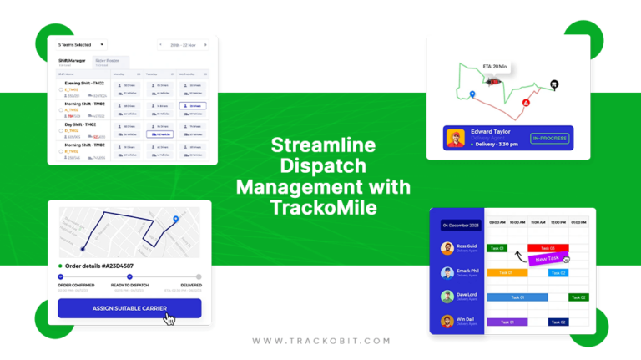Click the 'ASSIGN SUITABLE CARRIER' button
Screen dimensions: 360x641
pyautogui.click(x=129, y=308)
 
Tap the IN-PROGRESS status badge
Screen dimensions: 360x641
pyautogui.click(x=549, y=138)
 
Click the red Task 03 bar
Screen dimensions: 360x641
pyautogui.click(x=548, y=248)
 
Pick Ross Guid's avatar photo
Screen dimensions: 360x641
pyautogui.click(x=447, y=248)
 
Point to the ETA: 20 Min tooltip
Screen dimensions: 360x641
pyautogui.click(x=495, y=67)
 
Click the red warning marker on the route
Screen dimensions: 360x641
pyautogui.click(x=526, y=103)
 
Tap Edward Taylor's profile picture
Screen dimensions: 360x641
pyautogui.click(x=456, y=138)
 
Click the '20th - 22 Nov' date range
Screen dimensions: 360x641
pyautogui.click(x=184, y=45)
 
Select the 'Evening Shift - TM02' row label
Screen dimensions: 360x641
pyautogui.click(x=84, y=84)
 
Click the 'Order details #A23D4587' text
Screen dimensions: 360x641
pyautogui.click(x=99, y=266)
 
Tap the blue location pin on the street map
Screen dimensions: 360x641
pyautogui.click(x=175, y=220)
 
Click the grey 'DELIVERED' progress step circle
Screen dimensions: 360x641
pyautogui.click(x=199, y=276)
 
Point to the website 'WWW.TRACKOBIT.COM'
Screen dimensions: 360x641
pyautogui.click(x=320, y=341)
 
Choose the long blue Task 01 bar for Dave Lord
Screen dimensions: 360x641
pyautogui.click(x=517, y=297)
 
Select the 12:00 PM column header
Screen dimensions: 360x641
pyautogui.click(x=558, y=222)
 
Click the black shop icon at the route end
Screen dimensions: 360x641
pyautogui.click(x=553, y=84)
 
